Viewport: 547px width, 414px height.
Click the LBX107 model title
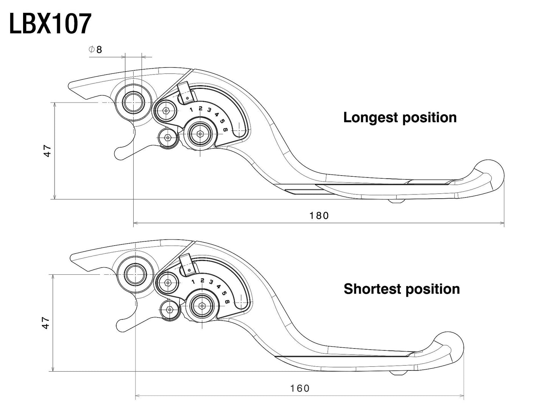click(50, 24)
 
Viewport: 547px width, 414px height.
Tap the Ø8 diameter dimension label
click(95, 50)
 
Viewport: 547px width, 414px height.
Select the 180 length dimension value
click(319, 216)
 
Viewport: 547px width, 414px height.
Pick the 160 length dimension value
click(300, 388)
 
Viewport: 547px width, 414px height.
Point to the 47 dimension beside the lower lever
click(45, 323)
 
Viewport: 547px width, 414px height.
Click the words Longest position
click(400, 117)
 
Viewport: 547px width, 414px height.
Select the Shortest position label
click(402, 289)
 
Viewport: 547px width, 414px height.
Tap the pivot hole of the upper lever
click(133, 103)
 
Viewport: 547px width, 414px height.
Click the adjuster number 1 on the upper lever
click(192, 110)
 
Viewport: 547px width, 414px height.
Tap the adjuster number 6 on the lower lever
click(227, 302)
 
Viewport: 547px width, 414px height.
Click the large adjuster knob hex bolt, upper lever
click(199, 133)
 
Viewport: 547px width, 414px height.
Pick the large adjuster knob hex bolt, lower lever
click(202, 305)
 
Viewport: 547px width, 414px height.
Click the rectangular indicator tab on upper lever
click(185, 93)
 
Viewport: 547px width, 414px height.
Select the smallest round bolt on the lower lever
click(169, 310)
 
